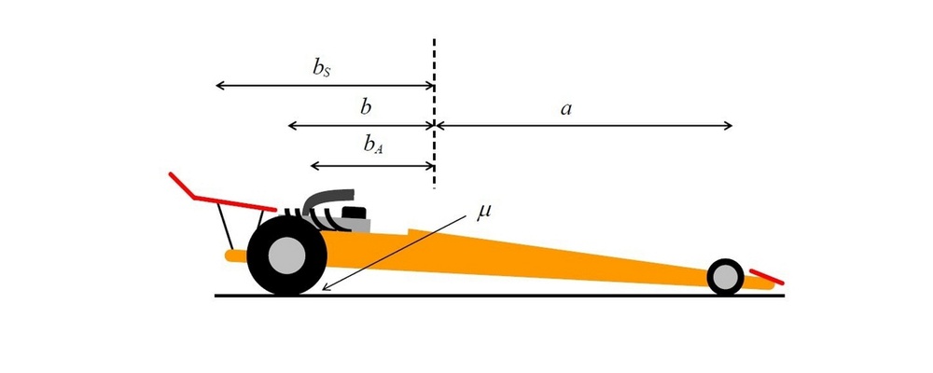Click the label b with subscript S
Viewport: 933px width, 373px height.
tap(323, 68)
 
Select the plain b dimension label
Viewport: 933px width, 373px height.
tap(367, 107)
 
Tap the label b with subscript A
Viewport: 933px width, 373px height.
tap(373, 146)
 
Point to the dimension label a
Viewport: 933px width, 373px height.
tap(566, 109)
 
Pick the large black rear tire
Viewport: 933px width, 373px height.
tap(286, 256)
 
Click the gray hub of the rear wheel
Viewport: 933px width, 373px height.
tap(286, 256)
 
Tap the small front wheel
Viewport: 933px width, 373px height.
tap(725, 277)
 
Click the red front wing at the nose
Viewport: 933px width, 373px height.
tap(767, 277)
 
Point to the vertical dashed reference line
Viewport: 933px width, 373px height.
tap(435, 114)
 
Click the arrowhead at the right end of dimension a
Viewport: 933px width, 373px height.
tap(729, 126)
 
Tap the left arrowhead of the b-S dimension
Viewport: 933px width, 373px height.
tap(219, 86)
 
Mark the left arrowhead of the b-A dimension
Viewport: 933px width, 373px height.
tap(315, 165)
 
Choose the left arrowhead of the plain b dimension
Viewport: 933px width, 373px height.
tap(292, 126)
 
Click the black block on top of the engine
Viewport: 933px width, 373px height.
tap(354, 213)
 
